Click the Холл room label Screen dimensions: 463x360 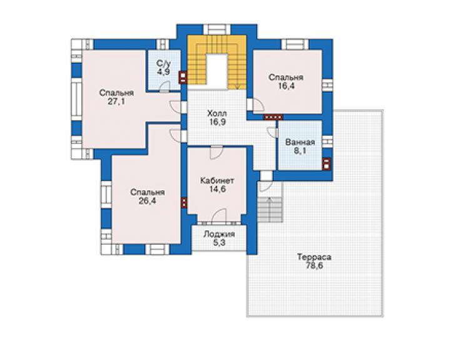pyautogui.click(x=217, y=113)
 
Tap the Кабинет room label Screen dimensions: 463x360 pyautogui.click(x=217, y=180)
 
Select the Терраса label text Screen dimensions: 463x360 pyautogui.click(x=314, y=257)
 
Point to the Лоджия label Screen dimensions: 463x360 pyautogui.click(x=219, y=234)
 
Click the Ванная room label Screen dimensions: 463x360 pyautogui.click(x=300, y=142)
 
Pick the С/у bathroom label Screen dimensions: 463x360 pyautogui.click(x=163, y=63)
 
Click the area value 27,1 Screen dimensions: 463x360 pyautogui.click(x=116, y=101)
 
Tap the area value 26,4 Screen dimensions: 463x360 pyautogui.click(x=147, y=201)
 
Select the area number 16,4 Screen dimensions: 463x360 pyautogui.click(x=286, y=86)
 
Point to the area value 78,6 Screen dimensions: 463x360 pyautogui.click(x=314, y=265)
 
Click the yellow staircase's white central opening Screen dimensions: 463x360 pyautogui.click(x=216, y=71)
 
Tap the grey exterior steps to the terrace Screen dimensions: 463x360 pyautogui.click(x=270, y=210)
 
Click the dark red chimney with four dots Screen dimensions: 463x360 pyautogui.click(x=273, y=117)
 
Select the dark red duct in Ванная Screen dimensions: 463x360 pyautogui.click(x=326, y=163)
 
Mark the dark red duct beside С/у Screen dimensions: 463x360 pyautogui.click(x=183, y=78)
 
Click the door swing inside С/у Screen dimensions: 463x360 pyautogui.click(x=165, y=86)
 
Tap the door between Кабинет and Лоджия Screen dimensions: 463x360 pyautogui.click(x=219, y=215)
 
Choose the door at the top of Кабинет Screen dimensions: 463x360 pyautogui.click(x=216, y=152)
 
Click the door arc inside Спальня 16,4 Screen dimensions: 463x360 pyautogui.click(x=258, y=105)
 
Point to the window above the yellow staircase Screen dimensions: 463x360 pyautogui.click(x=216, y=29)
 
